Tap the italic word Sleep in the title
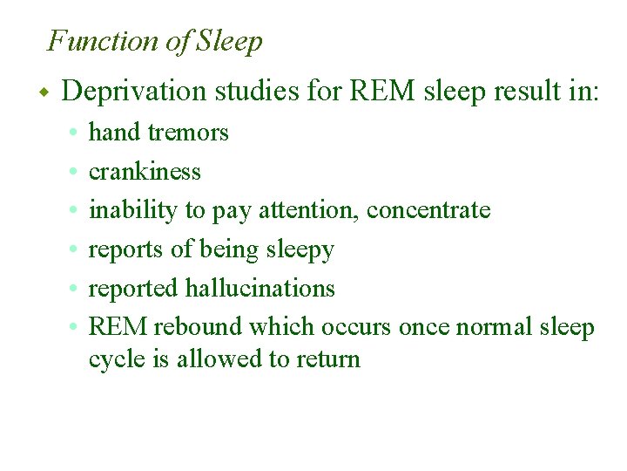[x=230, y=41]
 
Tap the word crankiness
[x=145, y=172]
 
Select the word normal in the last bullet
[x=492, y=327]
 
